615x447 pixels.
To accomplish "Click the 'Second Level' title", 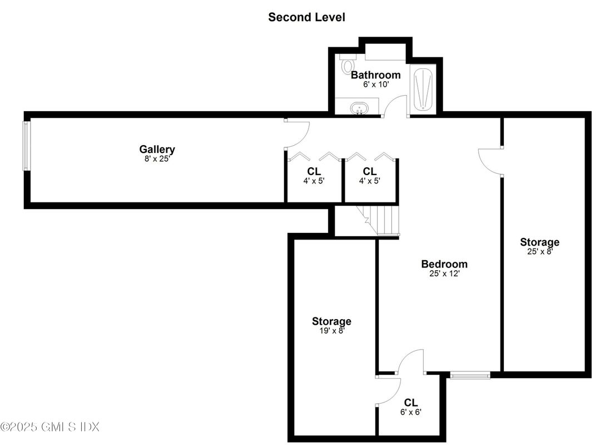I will click(306, 17).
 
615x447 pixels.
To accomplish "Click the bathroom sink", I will click(359, 107).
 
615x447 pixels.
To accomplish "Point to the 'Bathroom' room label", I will click(375, 75).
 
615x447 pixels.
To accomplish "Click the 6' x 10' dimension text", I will click(375, 85).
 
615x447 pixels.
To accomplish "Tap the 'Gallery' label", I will click(157, 149).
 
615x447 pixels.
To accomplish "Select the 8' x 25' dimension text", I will click(157, 158).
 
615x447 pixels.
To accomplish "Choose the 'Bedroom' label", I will click(444, 264).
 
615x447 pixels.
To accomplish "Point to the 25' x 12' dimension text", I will click(444, 274).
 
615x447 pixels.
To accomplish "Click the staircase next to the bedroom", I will click(379, 220).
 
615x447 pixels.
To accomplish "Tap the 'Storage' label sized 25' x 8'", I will click(539, 242).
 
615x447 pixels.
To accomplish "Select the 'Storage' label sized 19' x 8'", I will click(331, 321).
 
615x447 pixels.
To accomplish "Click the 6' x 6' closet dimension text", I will click(411, 413).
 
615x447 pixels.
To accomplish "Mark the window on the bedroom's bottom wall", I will click(470, 376).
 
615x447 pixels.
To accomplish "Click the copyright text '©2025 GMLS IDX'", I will click(50, 427).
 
